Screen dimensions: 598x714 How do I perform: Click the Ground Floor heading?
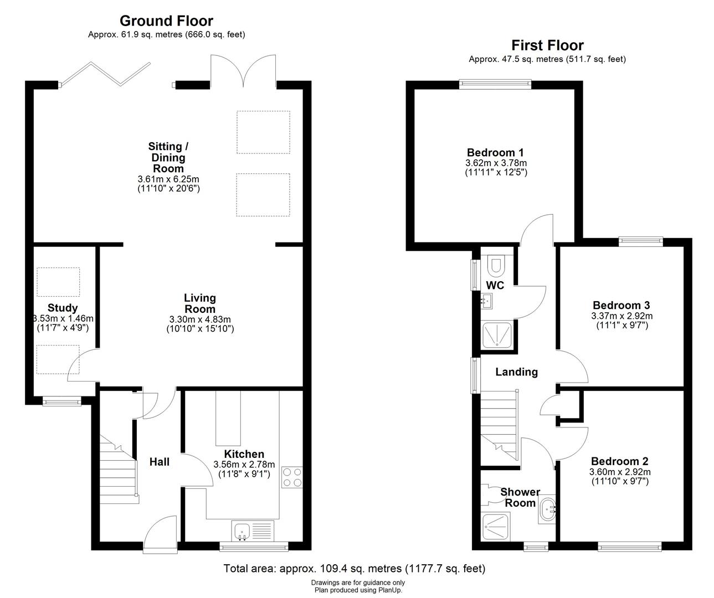[x=166, y=21]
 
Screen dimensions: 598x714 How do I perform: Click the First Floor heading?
[x=547, y=45]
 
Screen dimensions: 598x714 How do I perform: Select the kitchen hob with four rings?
[x=292, y=477]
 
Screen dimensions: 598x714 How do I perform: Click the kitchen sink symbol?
[x=242, y=532]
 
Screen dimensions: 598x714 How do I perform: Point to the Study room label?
[x=63, y=308]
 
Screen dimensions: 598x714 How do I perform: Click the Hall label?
[x=160, y=461]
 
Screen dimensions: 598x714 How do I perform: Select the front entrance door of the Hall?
[x=160, y=529]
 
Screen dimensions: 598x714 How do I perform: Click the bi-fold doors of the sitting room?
[x=105, y=75]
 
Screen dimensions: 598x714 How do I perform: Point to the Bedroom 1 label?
[x=495, y=152]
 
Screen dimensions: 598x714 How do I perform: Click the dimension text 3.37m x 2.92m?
[x=621, y=316]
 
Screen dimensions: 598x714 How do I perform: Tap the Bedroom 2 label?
[x=619, y=461]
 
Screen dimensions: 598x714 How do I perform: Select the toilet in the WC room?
[x=495, y=267]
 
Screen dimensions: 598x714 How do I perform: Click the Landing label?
[x=516, y=372]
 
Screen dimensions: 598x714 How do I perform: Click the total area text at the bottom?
[x=355, y=568]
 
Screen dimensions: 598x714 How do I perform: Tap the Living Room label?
[x=200, y=303]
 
